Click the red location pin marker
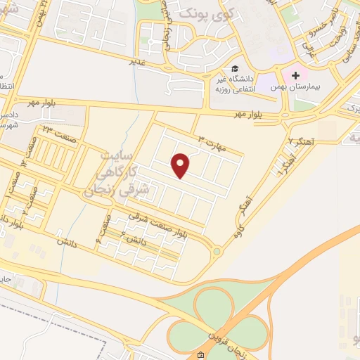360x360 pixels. coord(181,165)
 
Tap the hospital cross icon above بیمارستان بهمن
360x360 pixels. coord(295,75)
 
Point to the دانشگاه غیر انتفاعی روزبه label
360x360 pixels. coord(235,85)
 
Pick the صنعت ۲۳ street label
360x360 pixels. coord(56,130)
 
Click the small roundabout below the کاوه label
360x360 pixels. coord(217,250)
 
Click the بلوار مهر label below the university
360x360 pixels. coord(249,113)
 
